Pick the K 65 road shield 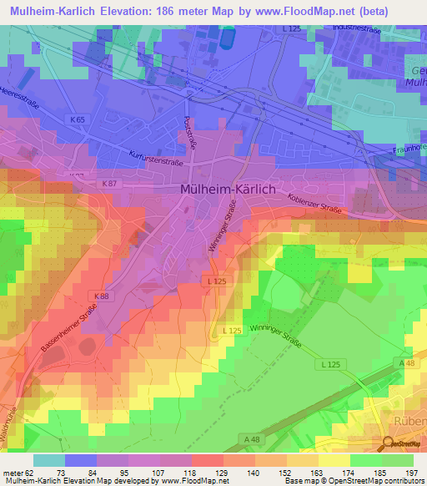click(x=78, y=120)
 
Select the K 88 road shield click(x=100, y=296)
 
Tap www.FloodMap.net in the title click(x=321, y=10)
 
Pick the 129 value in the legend click(x=223, y=472)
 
